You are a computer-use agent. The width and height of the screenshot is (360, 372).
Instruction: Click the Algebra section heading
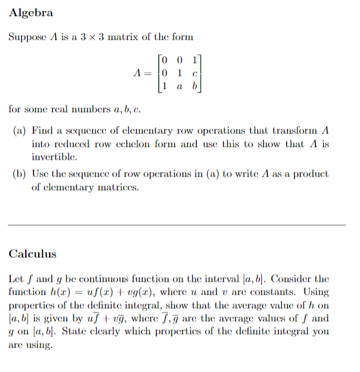pyautogui.click(x=30, y=13)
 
